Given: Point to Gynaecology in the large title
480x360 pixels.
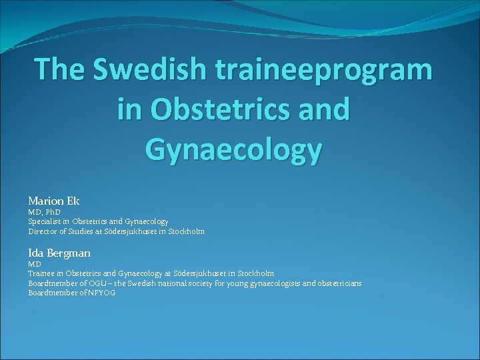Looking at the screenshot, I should [x=233, y=150].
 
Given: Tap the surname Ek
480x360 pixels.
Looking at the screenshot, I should [x=73, y=201].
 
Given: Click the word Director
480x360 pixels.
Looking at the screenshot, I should [x=43, y=231].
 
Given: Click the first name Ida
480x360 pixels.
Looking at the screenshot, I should [x=35, y=253].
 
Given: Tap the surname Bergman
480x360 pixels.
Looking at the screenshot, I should [x=68, y=253].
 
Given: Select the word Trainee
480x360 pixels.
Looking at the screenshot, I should [x=41, y=273].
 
